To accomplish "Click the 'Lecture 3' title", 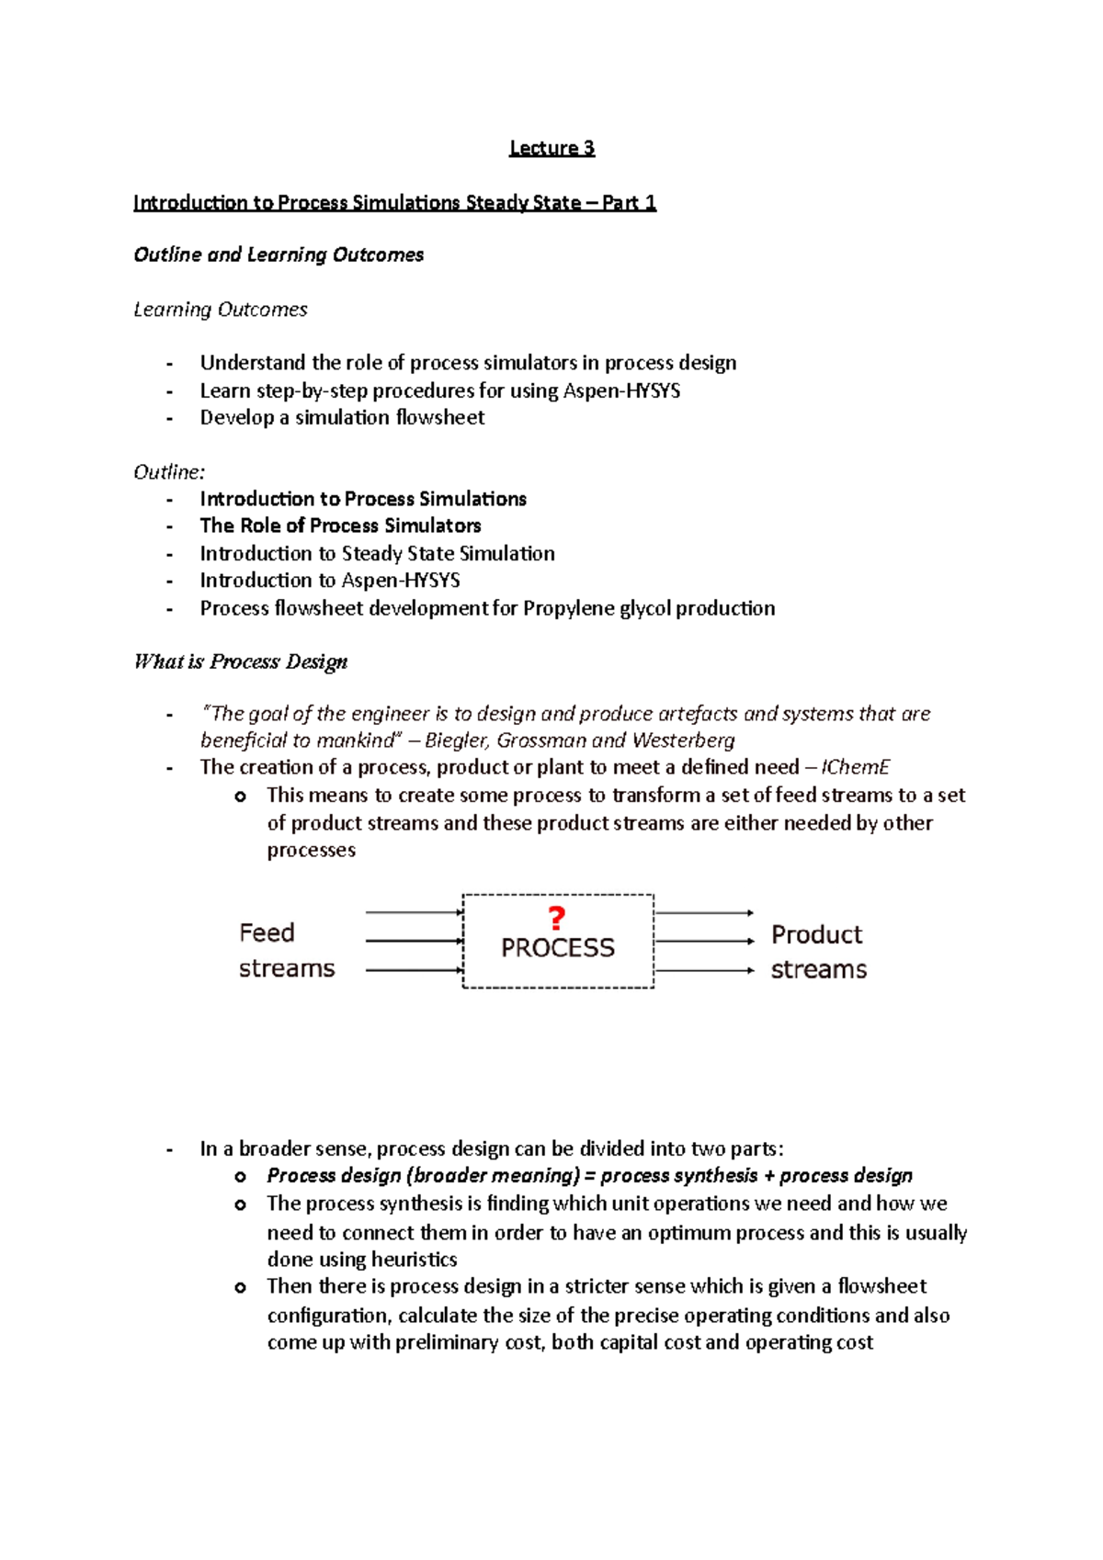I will [x=551, y=148].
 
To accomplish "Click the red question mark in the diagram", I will [x=556, y=918].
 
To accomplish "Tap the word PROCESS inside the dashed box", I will [x=557, y=947].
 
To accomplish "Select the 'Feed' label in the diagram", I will [x=267, y=933].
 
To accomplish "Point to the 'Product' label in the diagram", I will [x=816, y=934].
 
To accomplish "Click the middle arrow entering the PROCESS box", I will [x=414, y=941].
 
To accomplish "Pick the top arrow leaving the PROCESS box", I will [x=704, y=913].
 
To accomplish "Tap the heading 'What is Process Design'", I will [x=241, y=661].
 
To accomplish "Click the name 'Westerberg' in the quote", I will [x=683, y=740].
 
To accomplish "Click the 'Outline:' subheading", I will [x=169, y=472].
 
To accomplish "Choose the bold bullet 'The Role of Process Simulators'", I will [x=340, y=526].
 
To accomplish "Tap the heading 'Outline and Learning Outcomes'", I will [x=279, y=254].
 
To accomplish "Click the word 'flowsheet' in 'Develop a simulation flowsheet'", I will [x=439, y=417].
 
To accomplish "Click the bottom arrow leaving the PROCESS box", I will [x=704, y=970].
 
